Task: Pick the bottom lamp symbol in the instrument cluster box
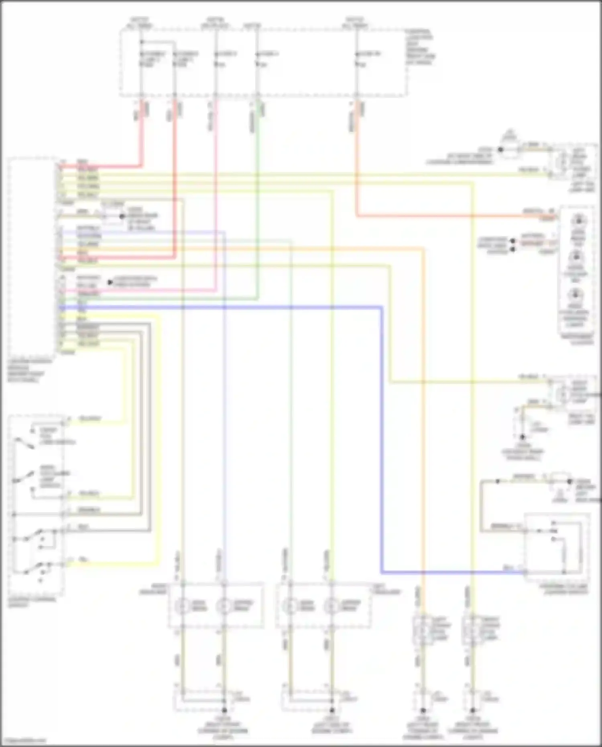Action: pos(575,295)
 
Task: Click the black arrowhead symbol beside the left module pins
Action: pos(110,282)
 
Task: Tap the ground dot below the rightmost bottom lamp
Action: pos(472,710)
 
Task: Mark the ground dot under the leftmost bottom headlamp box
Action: pos(224,710)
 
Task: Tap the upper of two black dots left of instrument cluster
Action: pos(513,241)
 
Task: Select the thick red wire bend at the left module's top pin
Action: pos(141,165)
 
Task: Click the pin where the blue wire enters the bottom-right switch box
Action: pos(525,572)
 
